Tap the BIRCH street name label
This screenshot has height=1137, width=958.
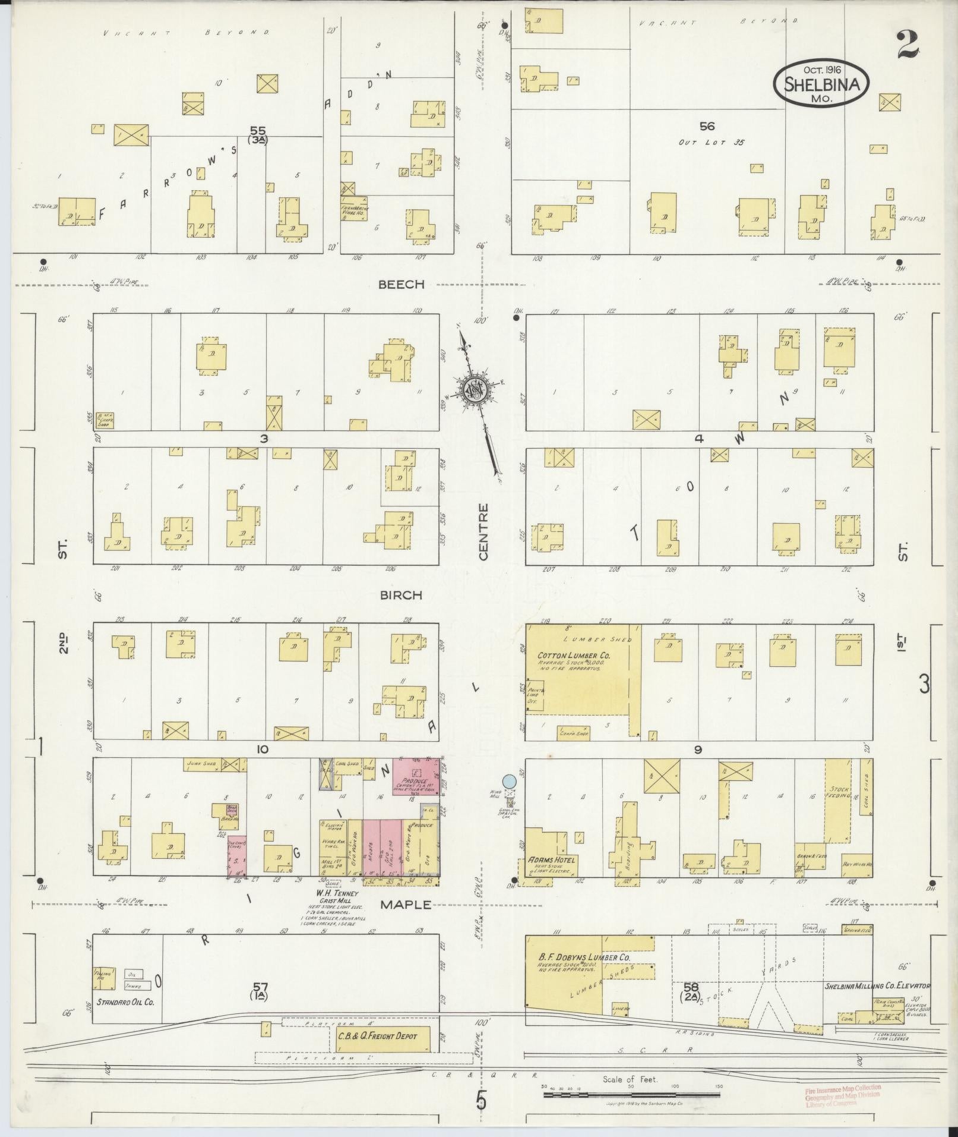(x=401, y=595)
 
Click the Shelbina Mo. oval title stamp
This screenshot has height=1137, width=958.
(x=821, y=84)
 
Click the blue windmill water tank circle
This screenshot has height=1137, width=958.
(x=509, y=780)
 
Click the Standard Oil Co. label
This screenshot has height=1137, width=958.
(x=124, y=1001)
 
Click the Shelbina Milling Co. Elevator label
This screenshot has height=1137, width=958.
(x=877, y=985)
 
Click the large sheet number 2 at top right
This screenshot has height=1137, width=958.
(x=908, y=45)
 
